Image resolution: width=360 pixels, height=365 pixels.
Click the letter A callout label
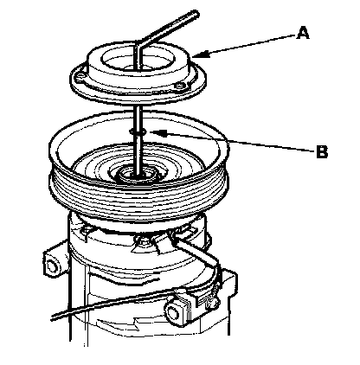point(303,33)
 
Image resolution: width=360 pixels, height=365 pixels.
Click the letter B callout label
point(322,151)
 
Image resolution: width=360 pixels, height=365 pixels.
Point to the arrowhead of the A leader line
point(200,54)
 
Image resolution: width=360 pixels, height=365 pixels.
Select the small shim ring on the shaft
point(138,131)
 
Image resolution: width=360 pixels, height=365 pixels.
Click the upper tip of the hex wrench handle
point(195,15)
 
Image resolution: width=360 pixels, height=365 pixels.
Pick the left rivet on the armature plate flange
point(80,77)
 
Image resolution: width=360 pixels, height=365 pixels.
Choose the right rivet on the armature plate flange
point(181,86)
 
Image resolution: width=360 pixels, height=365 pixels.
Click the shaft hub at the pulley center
point(137,175)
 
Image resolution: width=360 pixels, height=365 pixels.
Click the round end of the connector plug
point(174,312)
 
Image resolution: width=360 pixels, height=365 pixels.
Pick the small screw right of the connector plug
point(214,304)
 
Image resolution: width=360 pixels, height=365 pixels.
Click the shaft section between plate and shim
point(138,118)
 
